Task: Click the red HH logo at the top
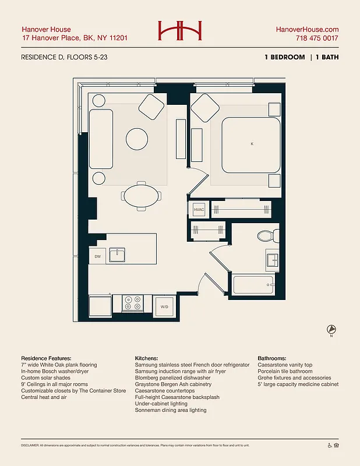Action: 179,32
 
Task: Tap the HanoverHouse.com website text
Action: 306,29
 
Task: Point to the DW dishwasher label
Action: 98,255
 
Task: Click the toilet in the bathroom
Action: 266,236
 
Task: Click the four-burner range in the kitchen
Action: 133,303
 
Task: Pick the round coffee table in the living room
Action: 137,138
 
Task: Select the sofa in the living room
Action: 100,137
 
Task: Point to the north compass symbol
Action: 331,329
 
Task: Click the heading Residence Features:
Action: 46,358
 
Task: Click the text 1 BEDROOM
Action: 284,57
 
